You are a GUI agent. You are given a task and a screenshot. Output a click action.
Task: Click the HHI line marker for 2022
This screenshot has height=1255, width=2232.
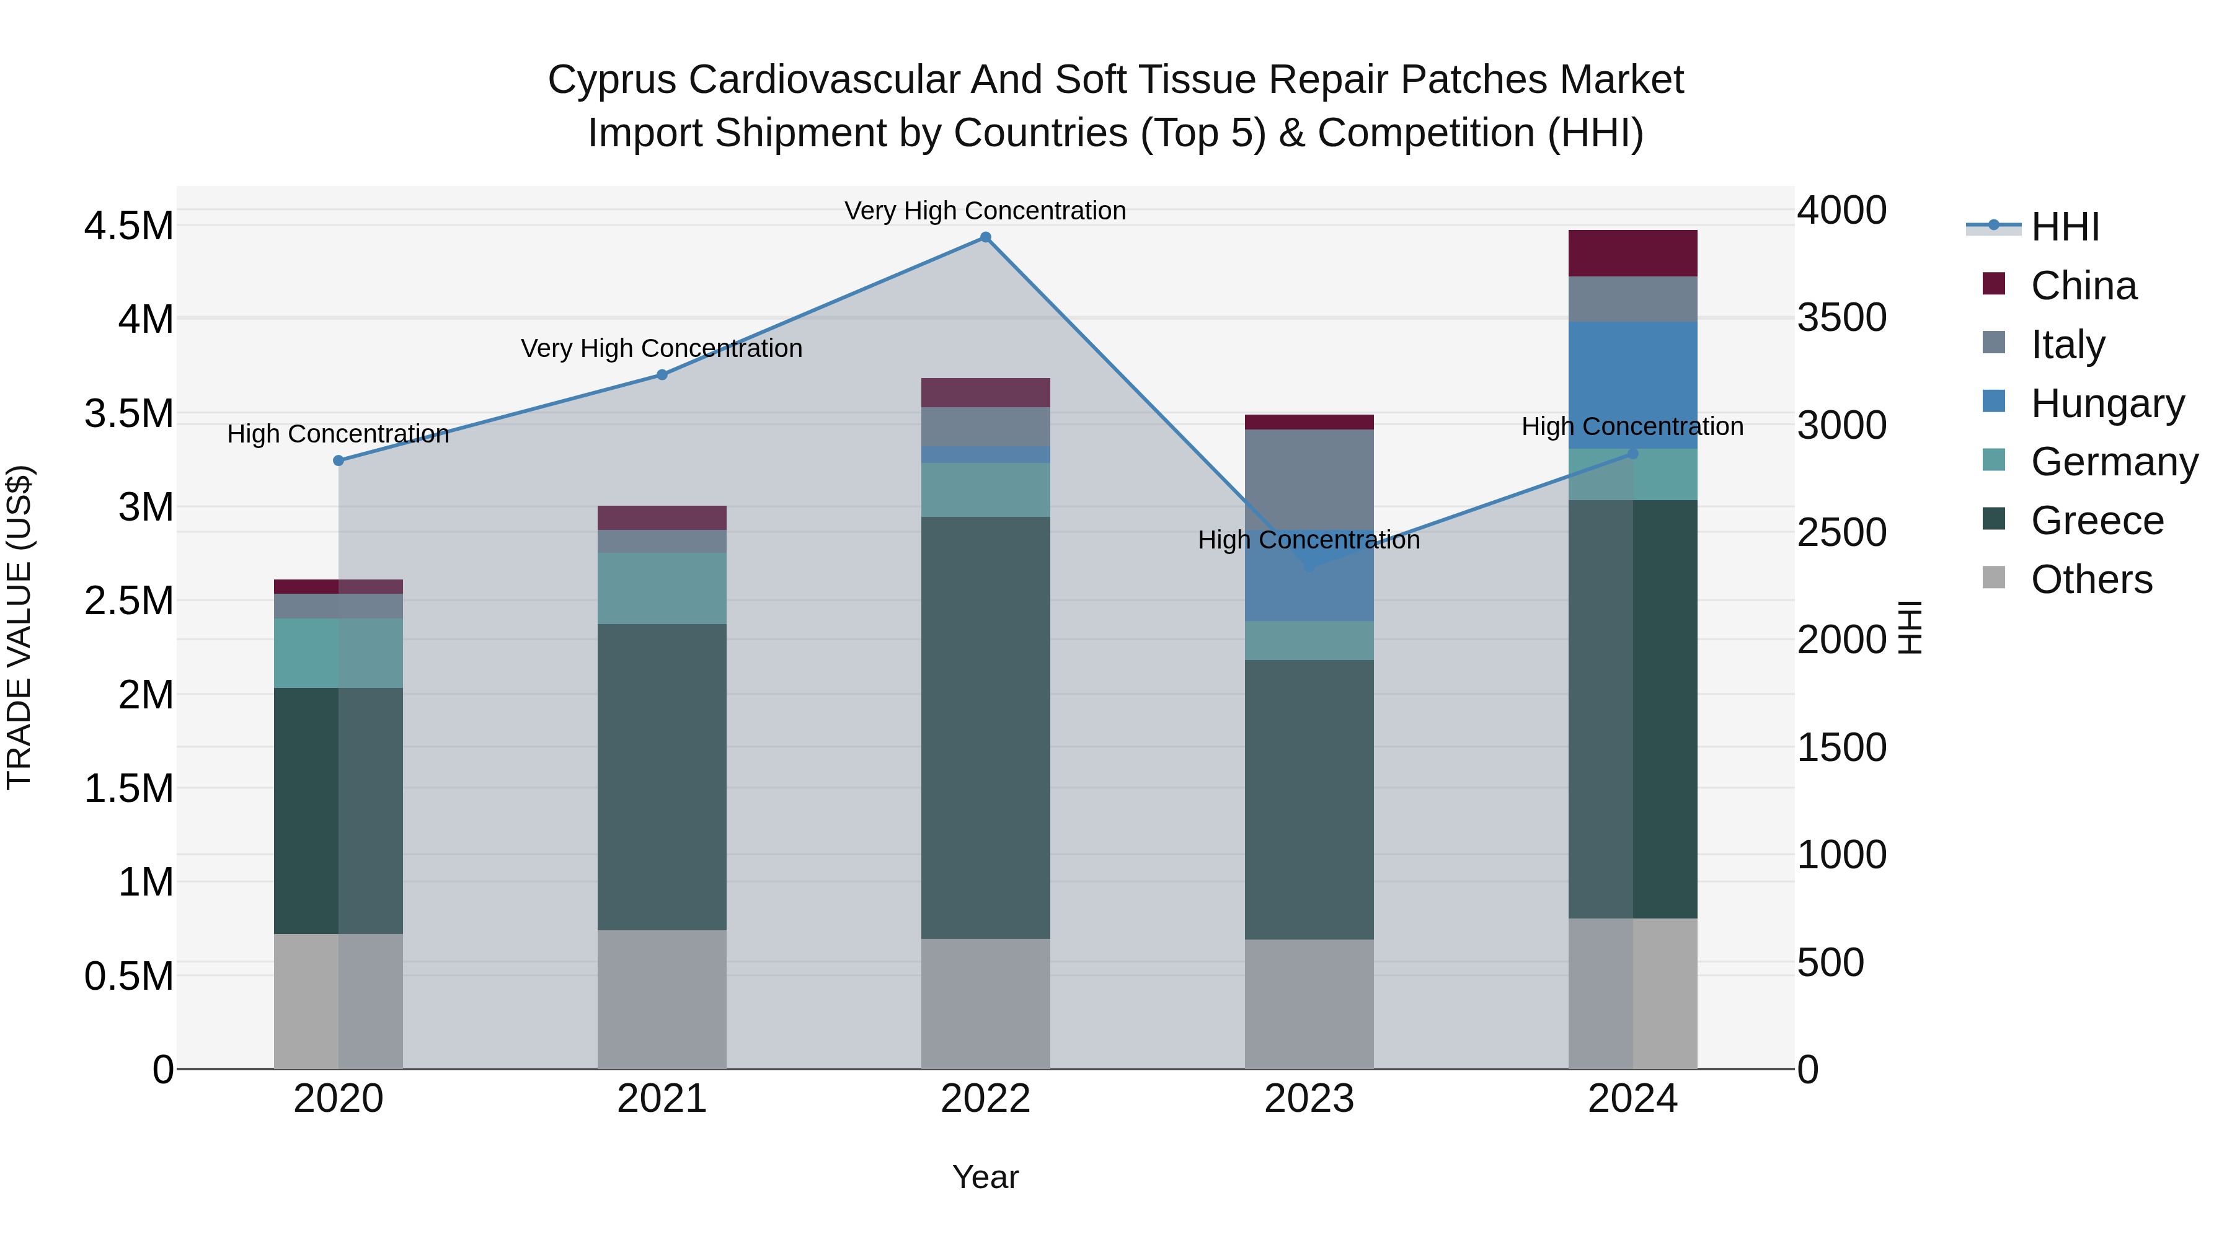coord(985,237)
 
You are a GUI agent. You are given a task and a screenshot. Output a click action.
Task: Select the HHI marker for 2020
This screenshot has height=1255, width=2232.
coord(339,460)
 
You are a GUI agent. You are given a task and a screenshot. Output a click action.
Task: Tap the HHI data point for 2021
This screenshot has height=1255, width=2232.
coord(662,375)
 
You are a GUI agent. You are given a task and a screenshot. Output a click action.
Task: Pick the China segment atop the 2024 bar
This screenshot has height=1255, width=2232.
coord(1632,253)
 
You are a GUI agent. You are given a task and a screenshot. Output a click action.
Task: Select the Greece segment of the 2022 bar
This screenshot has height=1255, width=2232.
coord(985,728)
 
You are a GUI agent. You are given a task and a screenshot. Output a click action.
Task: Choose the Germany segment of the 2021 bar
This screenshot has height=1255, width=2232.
coord(662,588)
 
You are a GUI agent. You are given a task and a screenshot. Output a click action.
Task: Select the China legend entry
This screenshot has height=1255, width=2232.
coord(2083,286)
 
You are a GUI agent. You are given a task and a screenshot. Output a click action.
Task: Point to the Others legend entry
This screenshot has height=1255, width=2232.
coord(2091,579)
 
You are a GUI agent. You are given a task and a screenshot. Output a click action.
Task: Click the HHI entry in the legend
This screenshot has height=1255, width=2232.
coord(2065,227)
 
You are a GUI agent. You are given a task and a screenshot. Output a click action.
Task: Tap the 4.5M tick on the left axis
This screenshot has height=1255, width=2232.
coord(128,226)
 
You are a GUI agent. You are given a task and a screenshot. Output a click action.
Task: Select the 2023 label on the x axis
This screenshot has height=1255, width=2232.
coord(1309,1099)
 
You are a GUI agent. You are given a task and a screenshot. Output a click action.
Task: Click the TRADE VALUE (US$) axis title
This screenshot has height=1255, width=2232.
coord(20,627)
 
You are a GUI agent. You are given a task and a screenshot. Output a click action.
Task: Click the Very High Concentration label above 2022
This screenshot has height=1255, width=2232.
coord(985,211)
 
